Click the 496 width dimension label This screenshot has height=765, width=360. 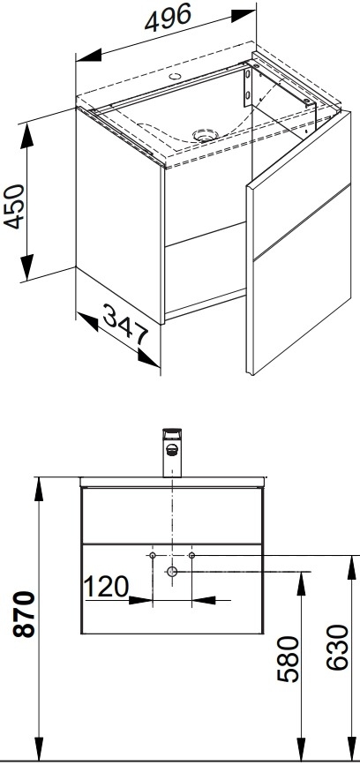coord(168,17)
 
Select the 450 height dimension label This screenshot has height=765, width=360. coord(14,206)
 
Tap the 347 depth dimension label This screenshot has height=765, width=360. coord(126,324)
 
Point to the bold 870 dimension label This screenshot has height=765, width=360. coord(25,614)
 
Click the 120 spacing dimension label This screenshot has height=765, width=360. coord(107,587)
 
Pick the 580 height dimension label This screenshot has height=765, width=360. coord(288,658)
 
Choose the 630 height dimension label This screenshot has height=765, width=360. coord(337,648)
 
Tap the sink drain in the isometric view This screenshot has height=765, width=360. coord(205,135)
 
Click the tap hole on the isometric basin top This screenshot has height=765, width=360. coord(175,76)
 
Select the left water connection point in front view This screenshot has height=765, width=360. coord(153,555)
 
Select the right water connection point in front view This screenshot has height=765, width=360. coord(191,555)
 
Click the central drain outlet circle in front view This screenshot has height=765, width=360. coord(172,571)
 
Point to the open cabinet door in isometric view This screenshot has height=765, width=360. coord(298,243)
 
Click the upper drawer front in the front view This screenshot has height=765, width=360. coord(172,515)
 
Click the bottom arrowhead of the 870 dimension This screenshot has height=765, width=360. coord(39,748)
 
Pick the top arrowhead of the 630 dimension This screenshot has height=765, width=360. coord(352,567)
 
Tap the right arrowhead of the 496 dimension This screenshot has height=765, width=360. coord(243,15)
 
